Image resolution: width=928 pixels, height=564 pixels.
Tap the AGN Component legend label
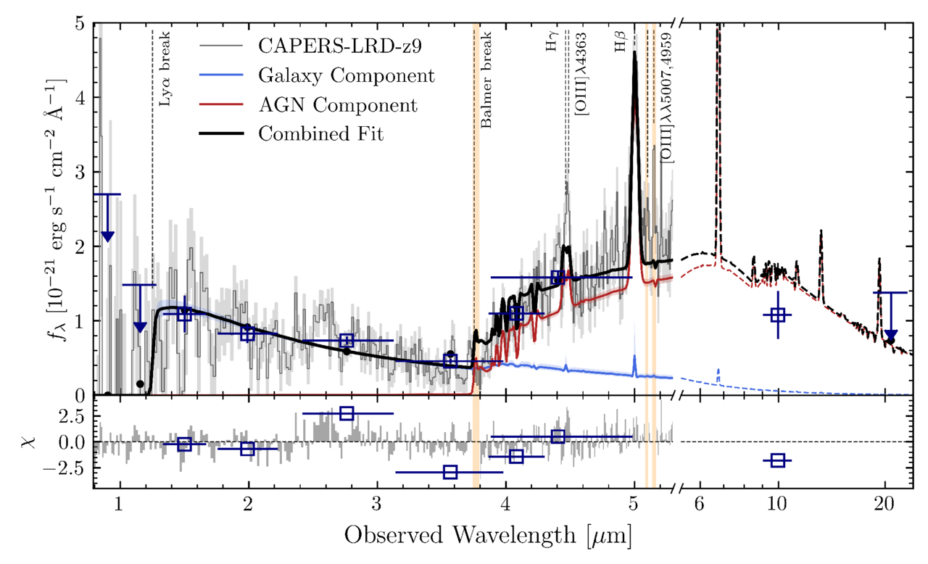click(338, 105)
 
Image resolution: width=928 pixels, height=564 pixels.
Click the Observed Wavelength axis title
click(486, 536)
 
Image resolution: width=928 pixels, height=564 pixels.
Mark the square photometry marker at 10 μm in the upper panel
click(778, 315)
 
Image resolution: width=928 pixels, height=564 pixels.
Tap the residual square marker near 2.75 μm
click(347, 413)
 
